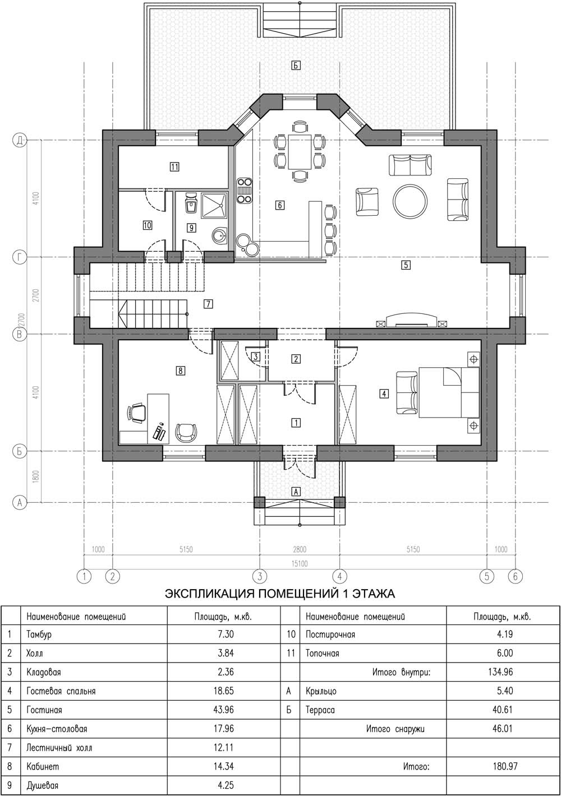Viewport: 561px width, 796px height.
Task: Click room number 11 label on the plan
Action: point(174,166)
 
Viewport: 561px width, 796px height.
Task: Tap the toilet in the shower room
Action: point(191,203)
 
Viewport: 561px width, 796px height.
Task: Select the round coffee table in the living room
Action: point(410,201)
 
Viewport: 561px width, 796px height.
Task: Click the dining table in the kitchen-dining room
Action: point(300,152)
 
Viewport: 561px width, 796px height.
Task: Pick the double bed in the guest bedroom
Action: point(449,392)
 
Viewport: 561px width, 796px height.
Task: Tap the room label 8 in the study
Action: point(180,371)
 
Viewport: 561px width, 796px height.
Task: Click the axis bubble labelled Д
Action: point(20,140)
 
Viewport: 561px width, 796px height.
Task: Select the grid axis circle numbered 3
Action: point(260,576)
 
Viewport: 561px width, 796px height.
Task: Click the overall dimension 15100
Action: point(300,563)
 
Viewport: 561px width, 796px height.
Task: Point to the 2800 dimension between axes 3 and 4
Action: point(300,550)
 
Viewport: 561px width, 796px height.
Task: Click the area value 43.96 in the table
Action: point(223,710)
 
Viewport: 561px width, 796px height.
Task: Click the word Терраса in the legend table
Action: point(320,710)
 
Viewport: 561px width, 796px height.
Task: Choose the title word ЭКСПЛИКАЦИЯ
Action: point(209,594)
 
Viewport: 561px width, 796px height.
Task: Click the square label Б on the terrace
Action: point(296,65)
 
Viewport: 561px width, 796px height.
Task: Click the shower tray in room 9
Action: point(214,205)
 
